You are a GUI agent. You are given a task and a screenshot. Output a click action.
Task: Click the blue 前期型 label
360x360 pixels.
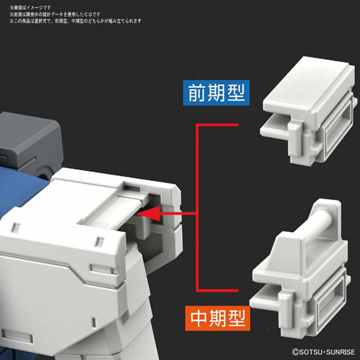pyautogui.click(x=216, y=93)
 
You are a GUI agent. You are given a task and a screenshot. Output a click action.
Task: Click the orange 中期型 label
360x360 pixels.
pyautogui.click(x=218, y=318)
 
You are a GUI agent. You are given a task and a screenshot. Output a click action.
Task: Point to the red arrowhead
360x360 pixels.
pyautogui.click(x=149, y=214)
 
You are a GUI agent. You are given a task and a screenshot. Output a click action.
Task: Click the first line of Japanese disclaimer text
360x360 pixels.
pyautogui.click(x=31, y=8)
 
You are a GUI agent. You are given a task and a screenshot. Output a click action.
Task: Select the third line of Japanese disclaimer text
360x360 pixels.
pyautogui.click(x=76, y=21)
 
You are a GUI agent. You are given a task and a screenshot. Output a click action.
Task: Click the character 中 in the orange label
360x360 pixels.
pyautogui.click(x=199, y=318)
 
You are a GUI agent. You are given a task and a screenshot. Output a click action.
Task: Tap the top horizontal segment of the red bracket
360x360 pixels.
pyautogui.click(x=217, y=125)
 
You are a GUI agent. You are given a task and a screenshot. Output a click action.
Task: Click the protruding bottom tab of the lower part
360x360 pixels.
pyautogui.click(x=264, y=298)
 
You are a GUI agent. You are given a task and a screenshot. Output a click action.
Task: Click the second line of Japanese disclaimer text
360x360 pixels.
pyautogui.click(x=55, y=14)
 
